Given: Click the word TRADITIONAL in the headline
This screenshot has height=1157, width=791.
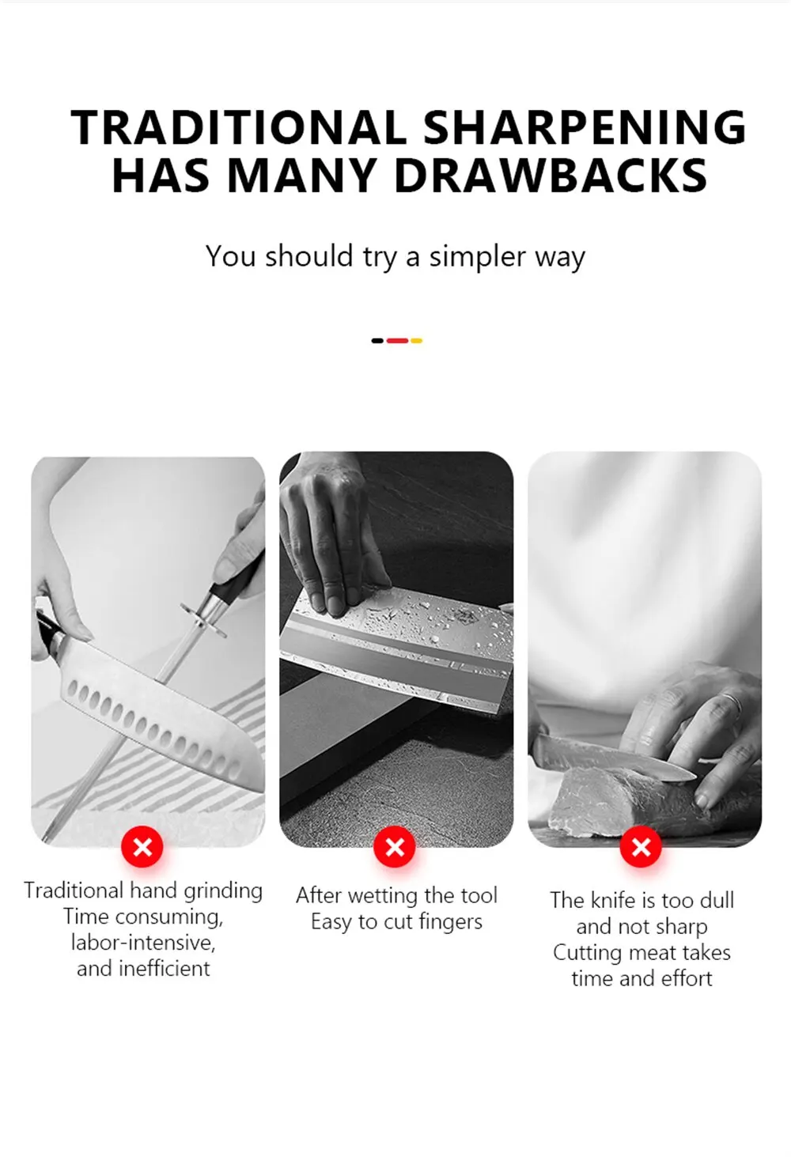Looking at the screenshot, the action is [239, 127].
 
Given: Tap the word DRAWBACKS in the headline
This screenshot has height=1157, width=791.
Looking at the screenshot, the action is [551, 175].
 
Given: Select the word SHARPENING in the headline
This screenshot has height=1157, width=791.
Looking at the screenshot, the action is [585, 127].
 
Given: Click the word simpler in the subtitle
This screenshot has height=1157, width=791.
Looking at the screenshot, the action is [477, 257].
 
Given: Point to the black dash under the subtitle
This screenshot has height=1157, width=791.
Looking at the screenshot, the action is [377, 340].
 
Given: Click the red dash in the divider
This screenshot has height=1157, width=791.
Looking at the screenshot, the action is [397, 340].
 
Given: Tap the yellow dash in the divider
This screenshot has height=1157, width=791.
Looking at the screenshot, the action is [416, 340].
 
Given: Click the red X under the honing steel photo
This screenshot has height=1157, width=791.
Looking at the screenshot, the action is [142, 846].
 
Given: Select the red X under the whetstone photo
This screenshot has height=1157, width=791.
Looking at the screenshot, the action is [395, 846].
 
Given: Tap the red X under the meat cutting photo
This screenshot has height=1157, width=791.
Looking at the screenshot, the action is [641, 846].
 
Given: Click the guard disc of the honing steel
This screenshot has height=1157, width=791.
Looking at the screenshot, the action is [203, 619].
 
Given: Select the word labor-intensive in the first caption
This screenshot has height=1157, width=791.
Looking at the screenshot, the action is [143, 943].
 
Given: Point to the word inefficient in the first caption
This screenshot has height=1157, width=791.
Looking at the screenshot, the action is [165, 969].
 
